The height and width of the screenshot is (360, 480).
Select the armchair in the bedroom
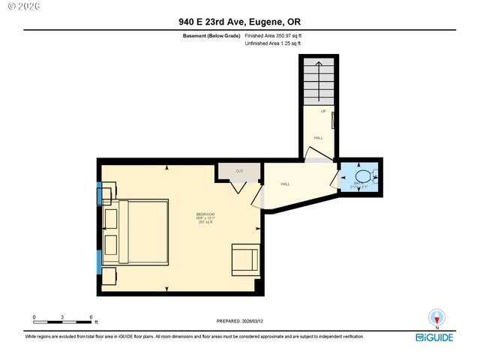(245, 258)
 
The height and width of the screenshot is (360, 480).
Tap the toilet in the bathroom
(363, 178)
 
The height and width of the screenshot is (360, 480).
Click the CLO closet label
(239, 171)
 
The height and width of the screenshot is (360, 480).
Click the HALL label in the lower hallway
(286, 184)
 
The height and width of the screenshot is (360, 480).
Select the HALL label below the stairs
(318, 138)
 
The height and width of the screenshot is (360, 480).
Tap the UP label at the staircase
(324, 112)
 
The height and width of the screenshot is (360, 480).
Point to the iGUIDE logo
(435, 337)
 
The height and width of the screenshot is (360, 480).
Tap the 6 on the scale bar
(91, 317)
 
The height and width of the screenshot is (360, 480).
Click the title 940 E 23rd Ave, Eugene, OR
(240, 22)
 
